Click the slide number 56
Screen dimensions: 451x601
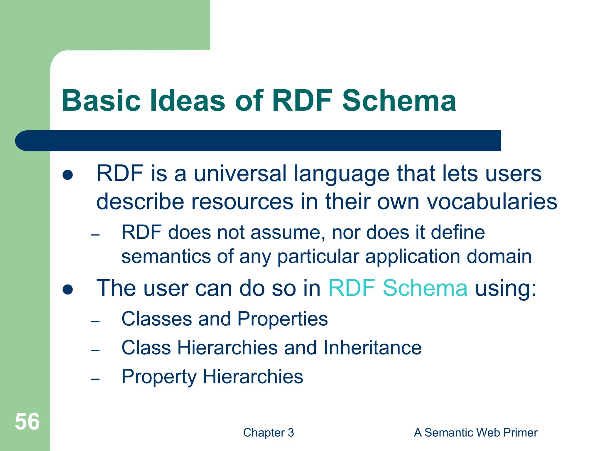[27, 422]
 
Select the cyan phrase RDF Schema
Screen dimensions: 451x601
[398, 288]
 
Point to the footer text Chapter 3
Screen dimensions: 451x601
[268, 433]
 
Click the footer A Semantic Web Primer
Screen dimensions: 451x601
[475, 433]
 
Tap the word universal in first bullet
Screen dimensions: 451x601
[240, 174]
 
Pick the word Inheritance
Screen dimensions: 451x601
[372, 348]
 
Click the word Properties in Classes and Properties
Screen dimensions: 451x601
[282, 319]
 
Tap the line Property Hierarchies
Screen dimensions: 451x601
[212, 377]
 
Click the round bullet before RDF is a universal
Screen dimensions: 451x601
[68, 175]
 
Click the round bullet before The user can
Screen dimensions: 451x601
[68, 290]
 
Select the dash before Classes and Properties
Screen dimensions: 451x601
[95, 322]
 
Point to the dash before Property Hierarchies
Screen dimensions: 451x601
[95, 379]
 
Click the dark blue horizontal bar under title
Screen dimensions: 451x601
[258, 141]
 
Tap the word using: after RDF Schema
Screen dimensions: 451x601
[506, 288]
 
